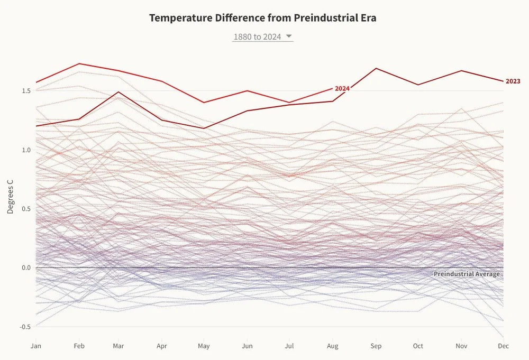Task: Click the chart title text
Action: (263, 17)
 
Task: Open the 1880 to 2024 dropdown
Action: (257, 37)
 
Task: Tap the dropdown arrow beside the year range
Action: (289, 36)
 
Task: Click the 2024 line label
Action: (342, 88)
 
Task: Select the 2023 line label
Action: (513, 81)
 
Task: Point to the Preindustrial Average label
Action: (466, 274)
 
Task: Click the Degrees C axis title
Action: (11, 197)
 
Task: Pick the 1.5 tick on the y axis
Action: (25, 91)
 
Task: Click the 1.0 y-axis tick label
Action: (25, 150)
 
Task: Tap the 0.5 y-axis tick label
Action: (25, 209)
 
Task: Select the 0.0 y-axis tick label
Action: (25, 268)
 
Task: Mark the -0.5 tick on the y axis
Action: (24, 327)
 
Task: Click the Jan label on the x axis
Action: (36, 346)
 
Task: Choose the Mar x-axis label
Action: (118, 346)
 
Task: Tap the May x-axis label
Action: (204, 346)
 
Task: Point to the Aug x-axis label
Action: (332, 346)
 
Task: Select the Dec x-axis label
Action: (504, 346)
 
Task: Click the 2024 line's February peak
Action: (79, 63)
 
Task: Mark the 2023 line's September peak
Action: (376, 68)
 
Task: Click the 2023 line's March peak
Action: (118, 92)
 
